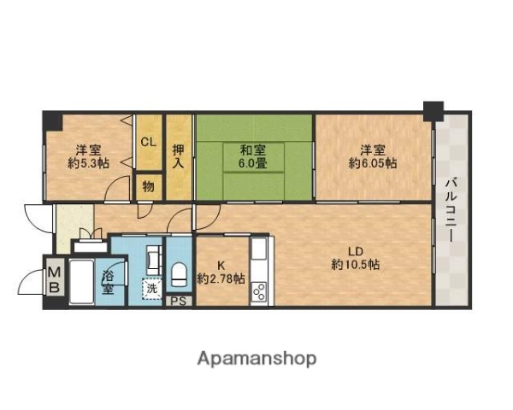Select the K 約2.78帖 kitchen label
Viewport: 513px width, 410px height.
point(221,272)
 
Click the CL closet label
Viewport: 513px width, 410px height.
point(149,142)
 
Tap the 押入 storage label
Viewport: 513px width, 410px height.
point(178,155)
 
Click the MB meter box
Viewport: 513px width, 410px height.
point(53,279)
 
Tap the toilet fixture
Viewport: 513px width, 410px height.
point(180,273)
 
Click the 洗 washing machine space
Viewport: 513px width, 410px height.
point(151,289)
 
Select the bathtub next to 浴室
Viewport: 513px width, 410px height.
point(84,282)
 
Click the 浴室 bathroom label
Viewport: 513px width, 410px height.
point(109,283)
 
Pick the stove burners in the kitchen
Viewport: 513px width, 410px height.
point(259,290)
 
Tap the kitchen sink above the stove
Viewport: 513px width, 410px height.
point(259,254)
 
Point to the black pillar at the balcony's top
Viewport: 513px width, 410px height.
point(433,110)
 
